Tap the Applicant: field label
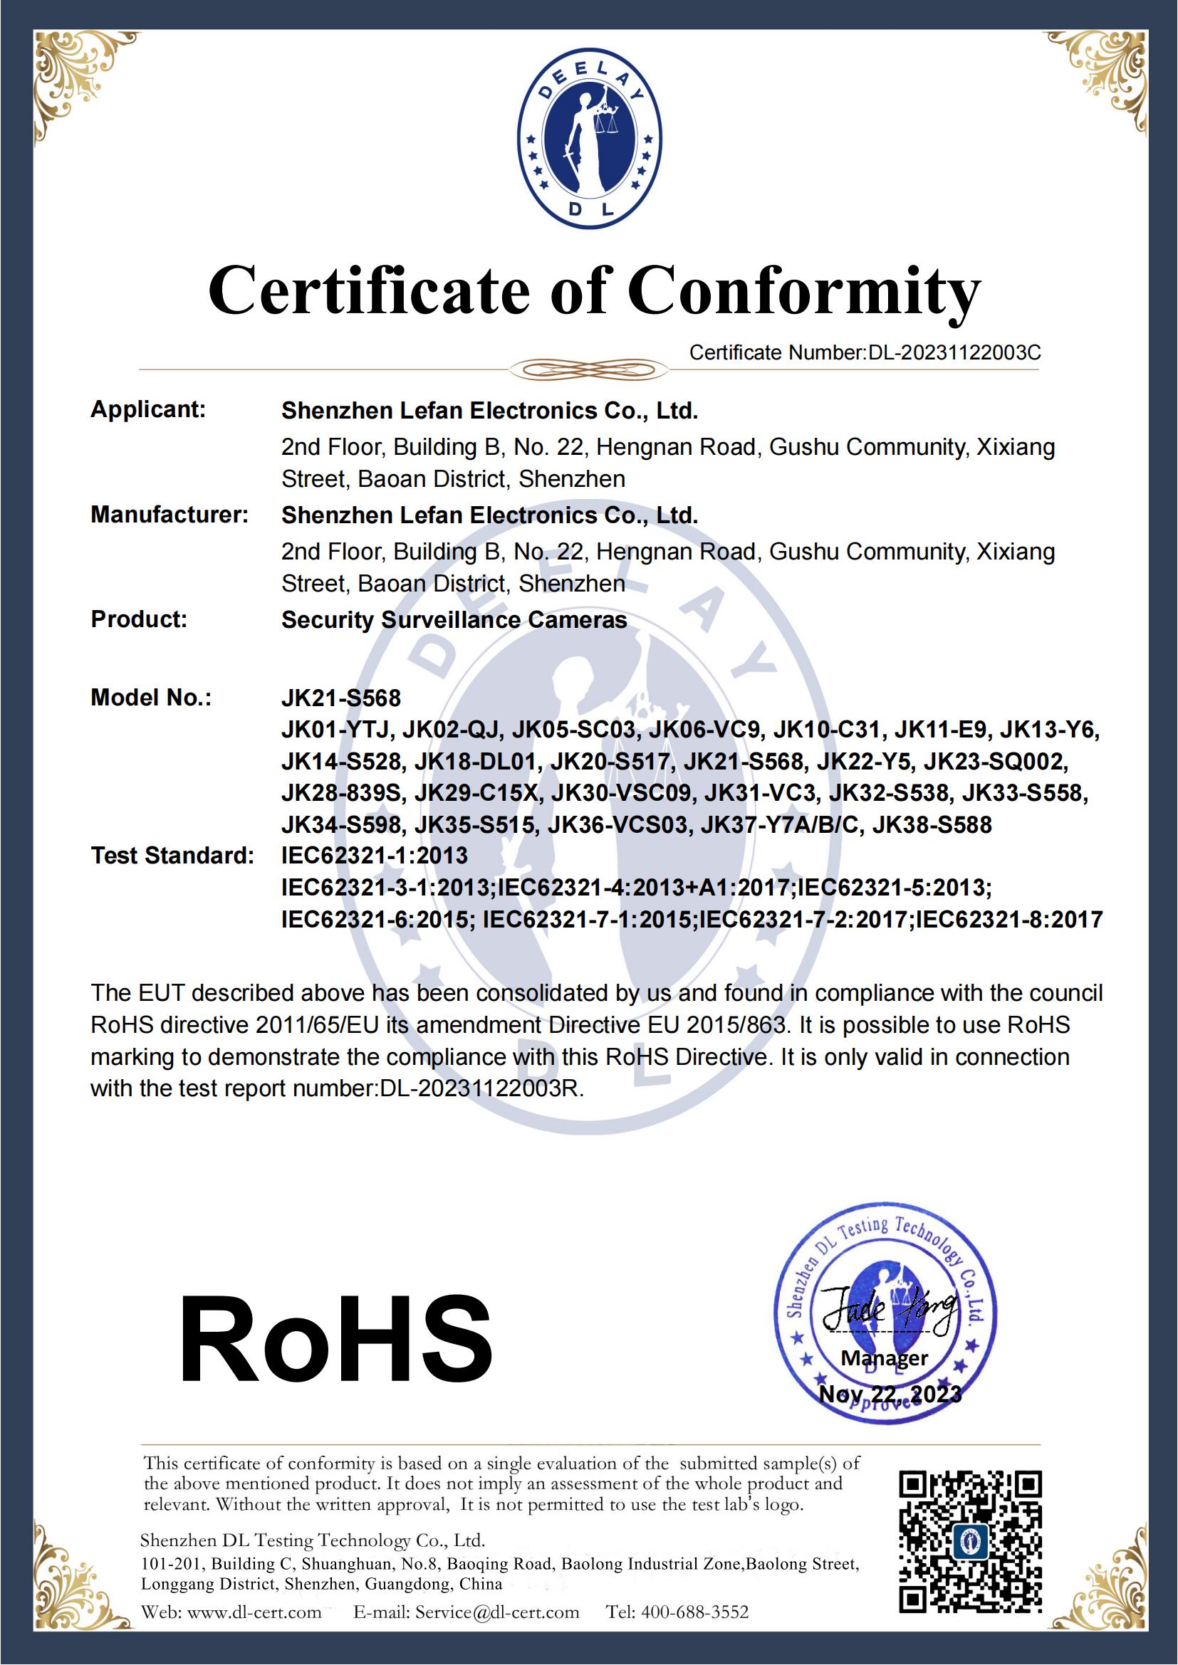(148, 410)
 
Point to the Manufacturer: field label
(169, 515)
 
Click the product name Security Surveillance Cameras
(454, 620)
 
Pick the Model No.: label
(151, 698)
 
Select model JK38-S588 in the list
(932, 825)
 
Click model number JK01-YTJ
(337, 730)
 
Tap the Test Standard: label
(172, 856)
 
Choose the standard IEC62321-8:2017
(1009, 920)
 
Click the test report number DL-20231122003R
(481, 1089)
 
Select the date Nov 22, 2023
(890, 1394)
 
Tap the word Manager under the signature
(885, 1358)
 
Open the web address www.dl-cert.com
(254, 1612)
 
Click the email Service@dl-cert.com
(497, 1612)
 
